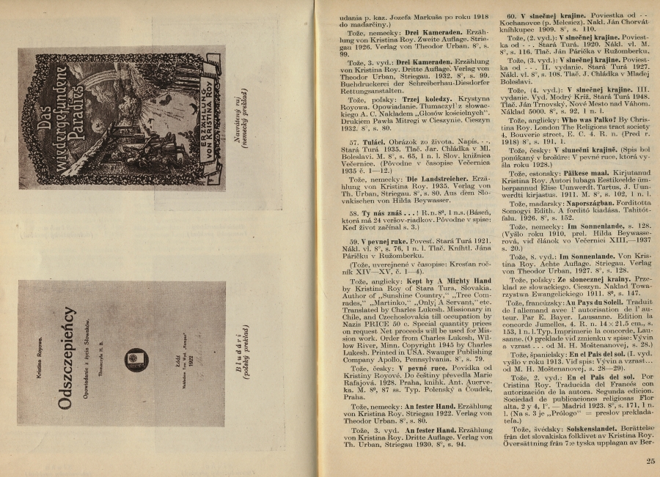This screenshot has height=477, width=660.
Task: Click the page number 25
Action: pos(651,461)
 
